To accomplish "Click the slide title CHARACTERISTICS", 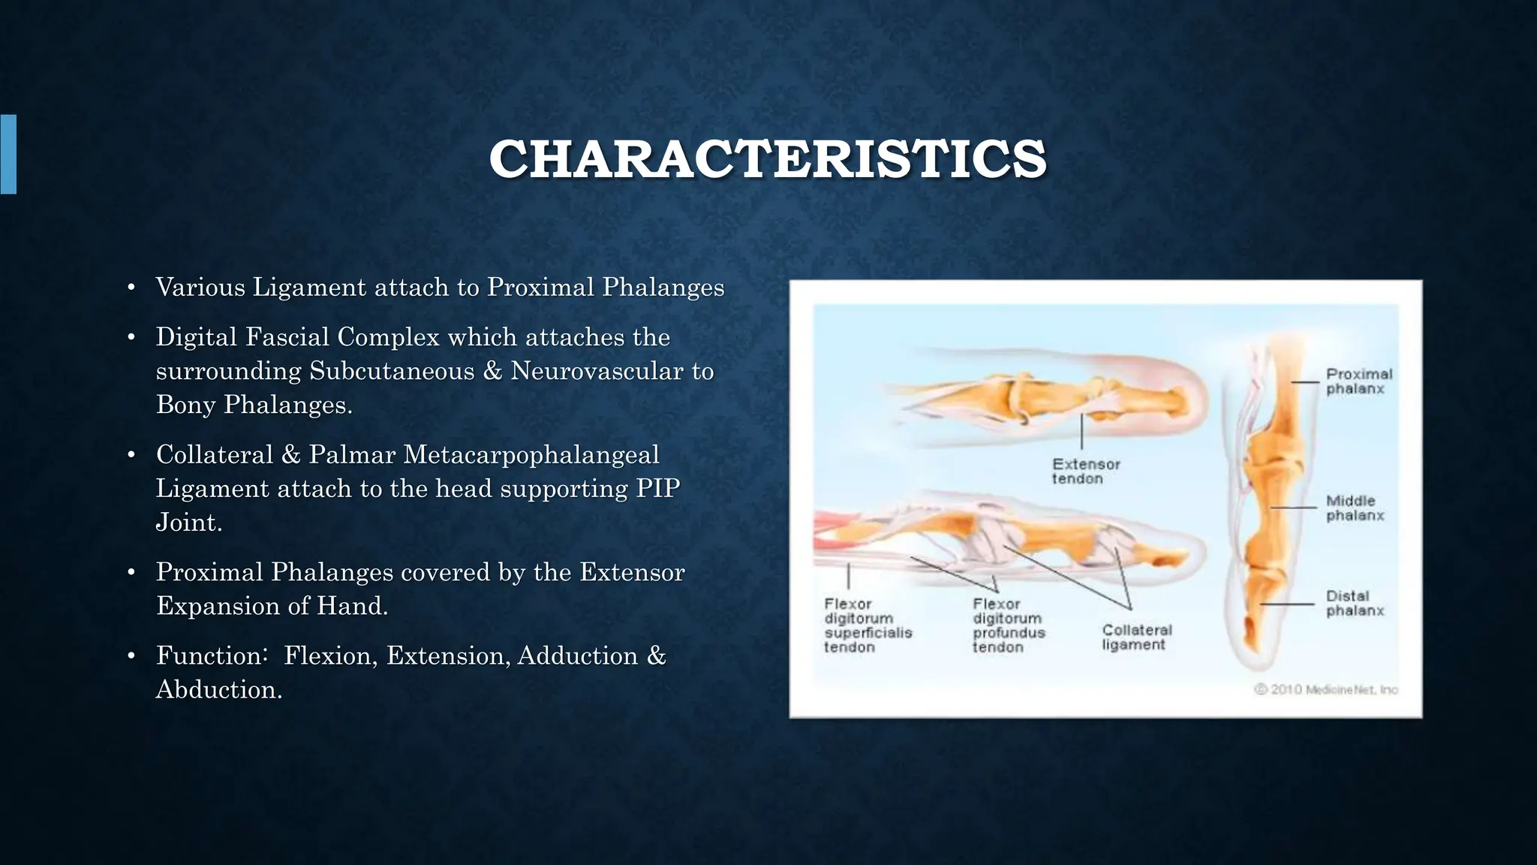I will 767,159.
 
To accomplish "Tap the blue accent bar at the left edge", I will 8,154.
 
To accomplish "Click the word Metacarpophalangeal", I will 531,455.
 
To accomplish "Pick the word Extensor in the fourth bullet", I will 631,572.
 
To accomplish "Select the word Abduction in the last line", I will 218,689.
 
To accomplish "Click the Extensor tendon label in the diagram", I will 1085,472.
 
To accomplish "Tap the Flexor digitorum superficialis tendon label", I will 868,625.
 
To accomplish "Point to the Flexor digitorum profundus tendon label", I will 1008,625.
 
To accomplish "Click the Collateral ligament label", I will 1136,637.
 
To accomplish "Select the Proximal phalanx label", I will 1358,381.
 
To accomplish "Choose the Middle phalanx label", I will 1355,508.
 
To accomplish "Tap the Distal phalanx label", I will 1355,603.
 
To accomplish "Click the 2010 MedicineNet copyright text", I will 1326,689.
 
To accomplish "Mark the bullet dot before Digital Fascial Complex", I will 131,338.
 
